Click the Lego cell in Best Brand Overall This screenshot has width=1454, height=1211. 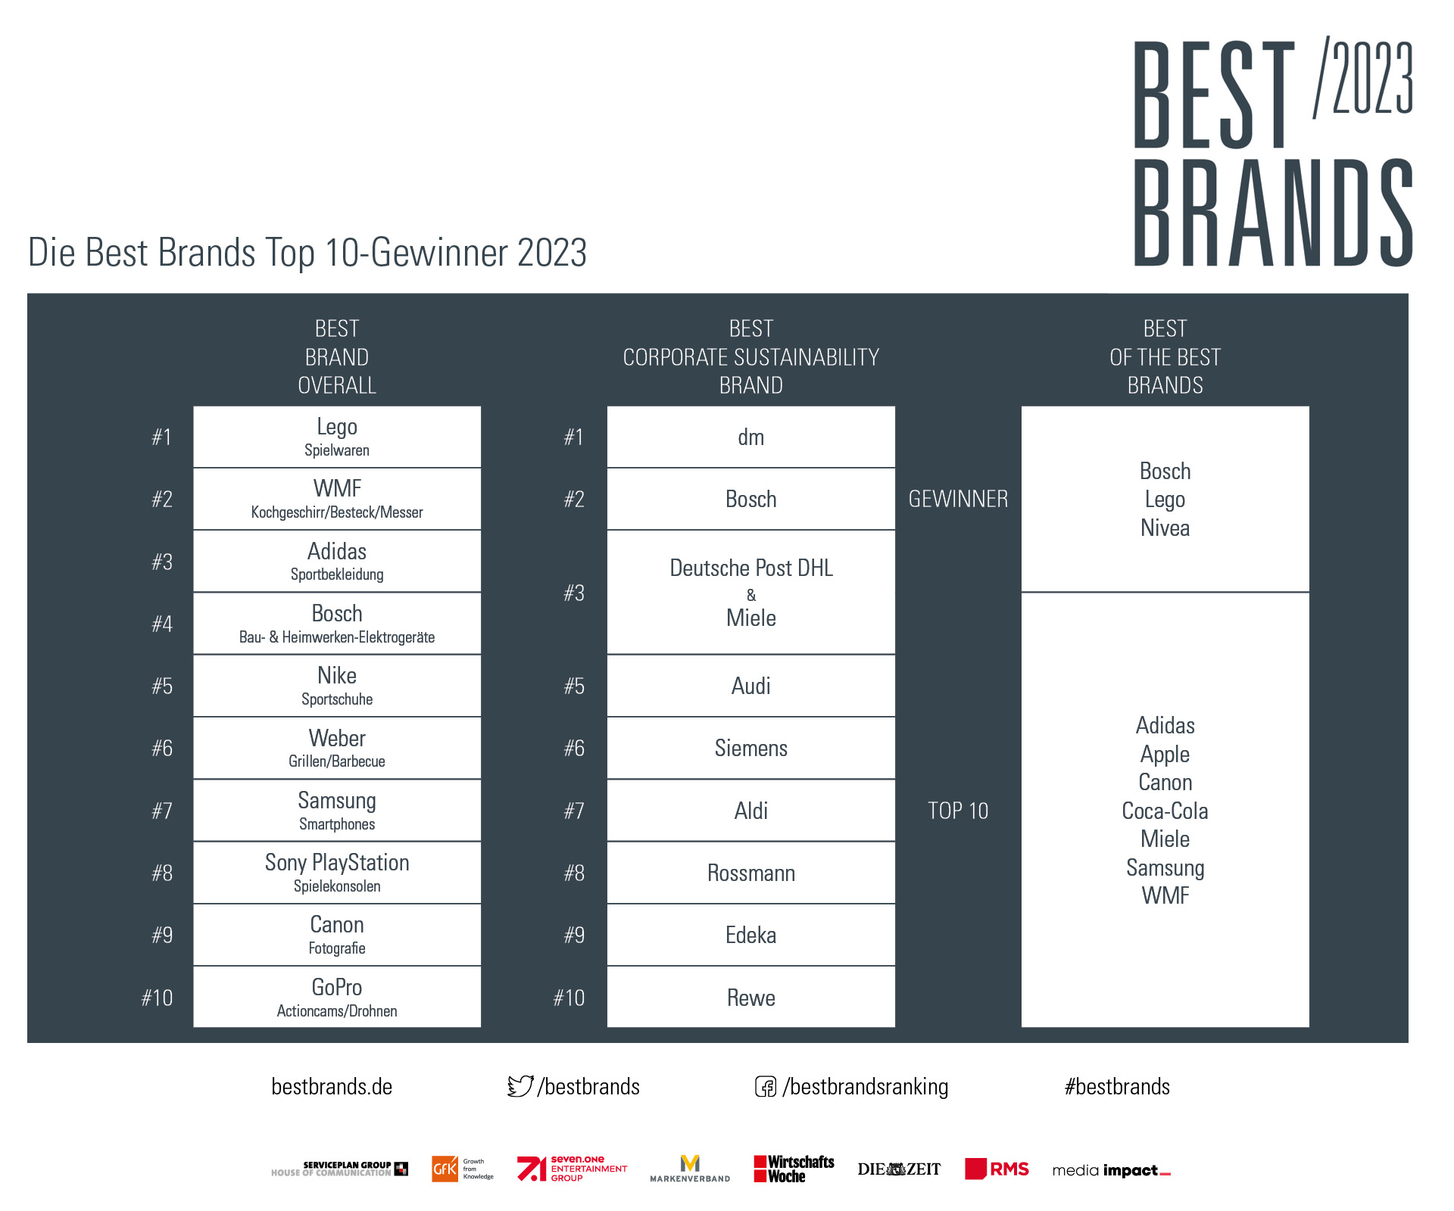pyautogui.click(x=337, y=437)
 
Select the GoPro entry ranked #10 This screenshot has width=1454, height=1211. pyautogui.click(x=337, y=997)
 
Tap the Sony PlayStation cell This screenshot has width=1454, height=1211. pyautogui.click(x=337, y=873)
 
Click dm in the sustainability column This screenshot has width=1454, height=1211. pyautogui.click(x=751, y=437)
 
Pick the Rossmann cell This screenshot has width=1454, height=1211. pyautogui.click(x=751, y=873)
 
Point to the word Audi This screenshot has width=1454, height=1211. pyautogui.click(x=751, y=686)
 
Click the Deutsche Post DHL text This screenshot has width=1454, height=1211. pyautogui.click(x=751, y=568)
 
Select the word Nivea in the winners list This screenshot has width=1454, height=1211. pyautogui.click(x=1165, y=528)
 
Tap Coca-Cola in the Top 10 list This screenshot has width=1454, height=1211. pyautogui.click(x=1165, y=811)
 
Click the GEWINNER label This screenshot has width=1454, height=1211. pyautogui.click(x=958, y=499)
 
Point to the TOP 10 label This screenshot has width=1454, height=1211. pyautogui.click(x=958, y=811)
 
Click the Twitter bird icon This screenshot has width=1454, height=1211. pyautogui.click(x=520, y=1086)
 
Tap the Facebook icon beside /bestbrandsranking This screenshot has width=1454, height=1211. pyautogui.click(x=766, y=1087)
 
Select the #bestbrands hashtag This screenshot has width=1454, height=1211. pyautogui.click(x=1117, y=1087)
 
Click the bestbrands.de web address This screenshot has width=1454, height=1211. pyautogui.click(x=332, y=1087)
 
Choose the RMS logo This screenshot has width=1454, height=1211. pyautogui.click(x=997, y=1169)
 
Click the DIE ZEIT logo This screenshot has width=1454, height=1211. pyautogui.click(x=899, y=1169)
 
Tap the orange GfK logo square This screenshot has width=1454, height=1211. pyautogui.click(x=445, y=1169)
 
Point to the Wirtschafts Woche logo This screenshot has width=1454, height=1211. pyautogui.click(x=794, y=1169)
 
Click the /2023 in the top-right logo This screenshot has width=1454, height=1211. pyautogui.click(x=1363, y=76)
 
